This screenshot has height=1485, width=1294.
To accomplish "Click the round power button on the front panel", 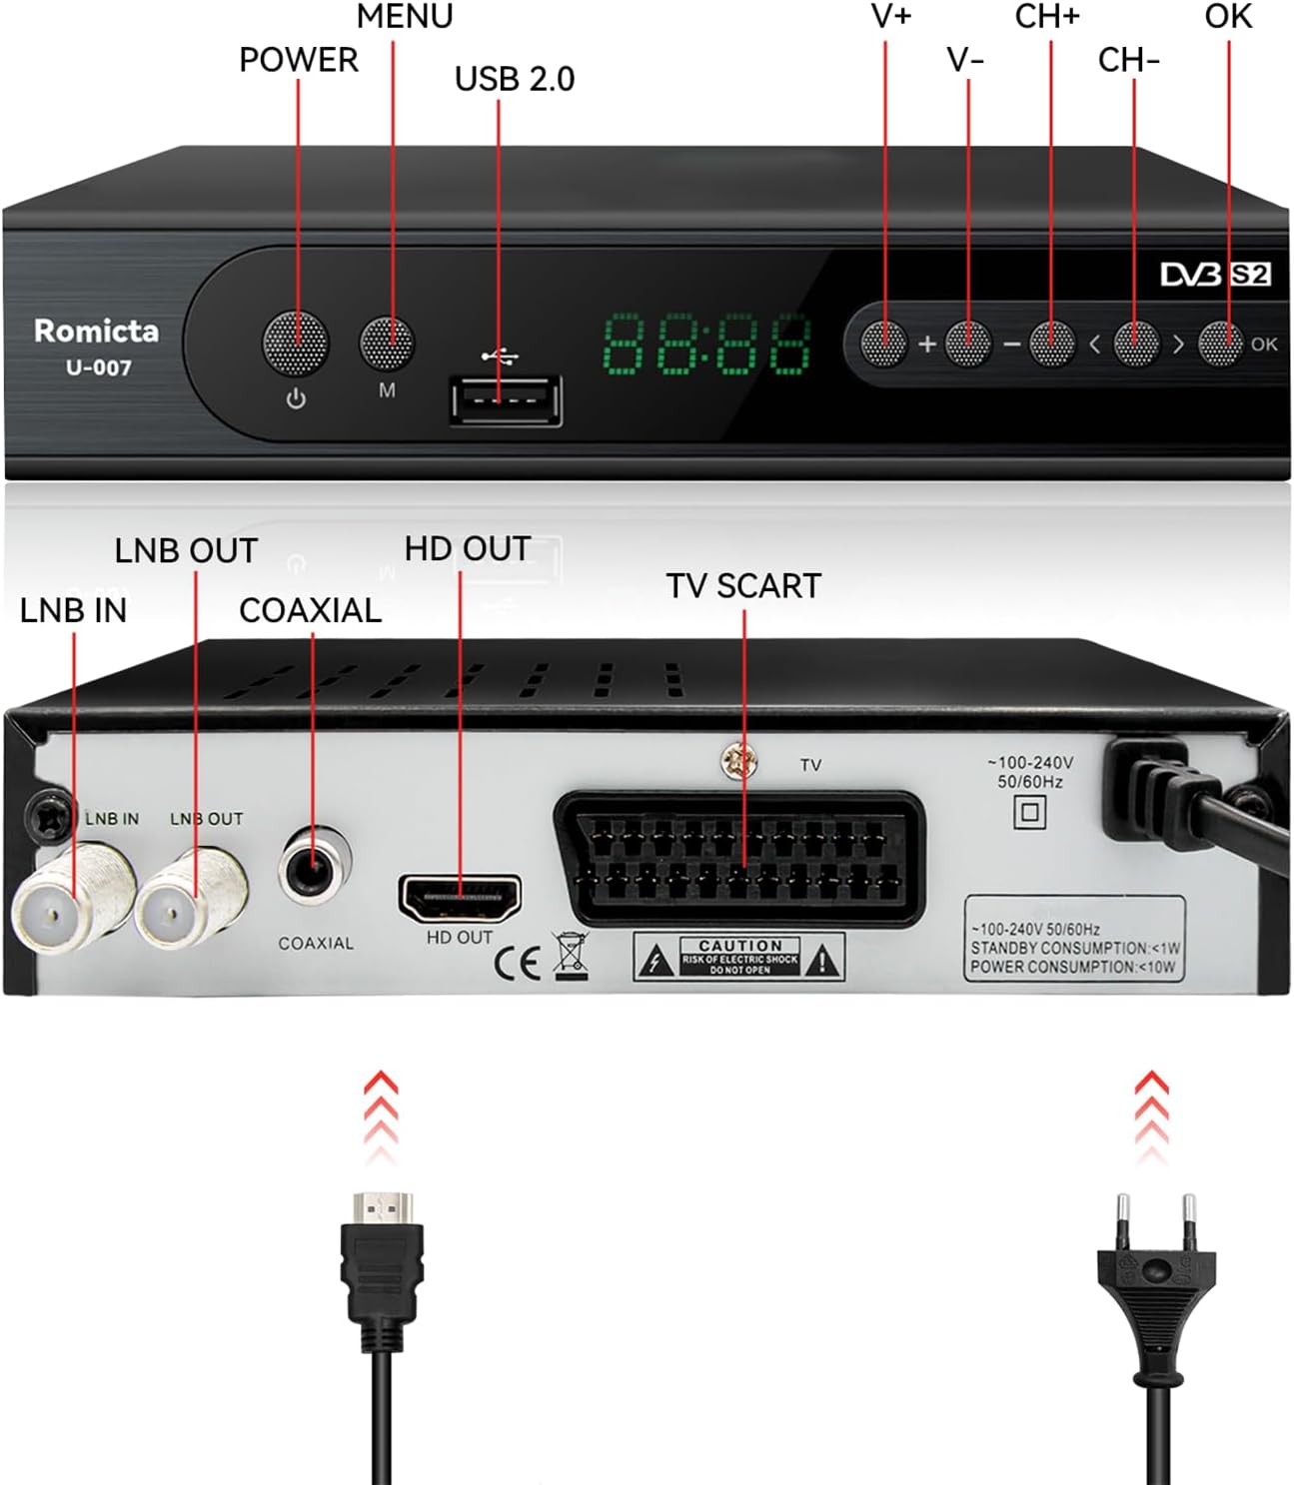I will (295, 343).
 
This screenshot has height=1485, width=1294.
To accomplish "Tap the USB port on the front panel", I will (506, 401).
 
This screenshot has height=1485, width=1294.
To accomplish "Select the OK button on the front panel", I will (1220, 344).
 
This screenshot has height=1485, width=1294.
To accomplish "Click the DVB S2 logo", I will (1215, 275).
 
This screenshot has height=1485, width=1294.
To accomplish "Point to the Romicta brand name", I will (96, 331).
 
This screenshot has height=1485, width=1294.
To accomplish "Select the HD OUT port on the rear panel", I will (460, 898).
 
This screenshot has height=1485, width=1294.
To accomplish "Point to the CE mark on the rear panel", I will (518, 963).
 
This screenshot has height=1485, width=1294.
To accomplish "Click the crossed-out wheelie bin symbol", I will (571, 956).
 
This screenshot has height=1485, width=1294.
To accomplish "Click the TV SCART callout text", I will (743, 586).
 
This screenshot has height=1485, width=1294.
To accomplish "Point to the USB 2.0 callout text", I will (515, 79).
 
